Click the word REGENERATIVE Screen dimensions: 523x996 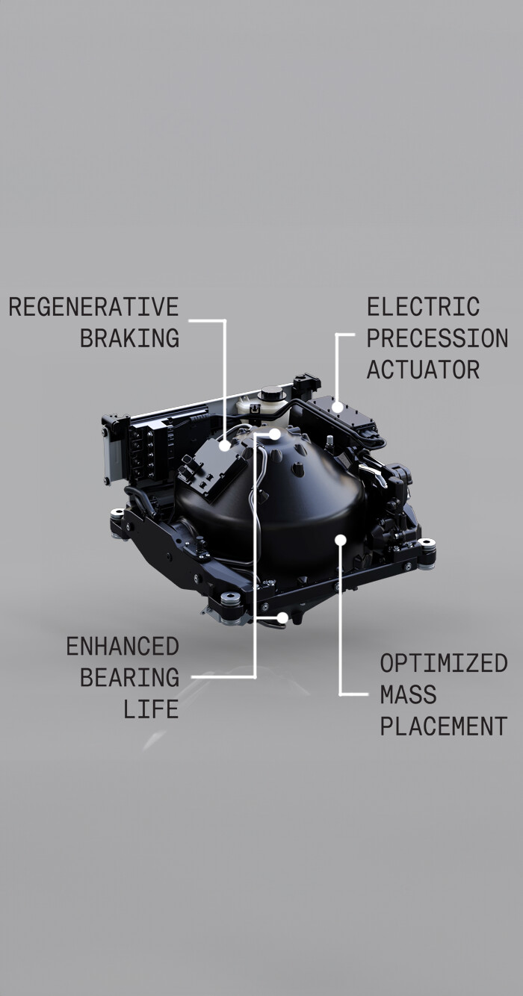94,307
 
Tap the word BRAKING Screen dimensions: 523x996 129,338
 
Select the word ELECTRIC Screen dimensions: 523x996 424,307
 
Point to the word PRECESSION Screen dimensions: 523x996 437,338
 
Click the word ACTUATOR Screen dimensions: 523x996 424,370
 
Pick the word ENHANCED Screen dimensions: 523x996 123,646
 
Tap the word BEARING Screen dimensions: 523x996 129,677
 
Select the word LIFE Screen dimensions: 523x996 151,709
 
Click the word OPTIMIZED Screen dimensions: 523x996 444,663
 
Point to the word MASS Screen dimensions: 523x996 408,694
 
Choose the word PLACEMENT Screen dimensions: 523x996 444,726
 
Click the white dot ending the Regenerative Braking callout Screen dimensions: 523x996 225,446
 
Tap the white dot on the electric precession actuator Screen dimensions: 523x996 337,407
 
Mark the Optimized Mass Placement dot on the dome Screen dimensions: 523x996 341,540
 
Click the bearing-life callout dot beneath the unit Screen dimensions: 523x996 282,617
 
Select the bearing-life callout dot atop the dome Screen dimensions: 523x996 275,434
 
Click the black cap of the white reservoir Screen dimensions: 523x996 273,393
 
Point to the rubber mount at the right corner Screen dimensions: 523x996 427,547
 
